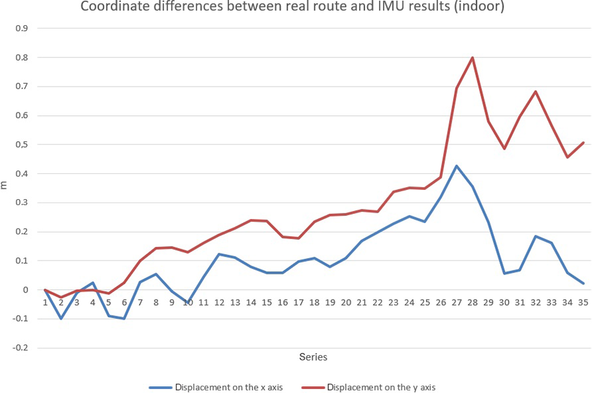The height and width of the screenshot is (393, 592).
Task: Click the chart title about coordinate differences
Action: point(292,8)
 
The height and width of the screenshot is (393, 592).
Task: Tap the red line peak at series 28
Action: point(472,57)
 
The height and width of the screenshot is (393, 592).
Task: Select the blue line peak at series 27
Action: point(456,166)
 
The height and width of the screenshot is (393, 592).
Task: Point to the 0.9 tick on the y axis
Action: point(22,29)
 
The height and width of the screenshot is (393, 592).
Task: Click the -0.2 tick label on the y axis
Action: point(21,348)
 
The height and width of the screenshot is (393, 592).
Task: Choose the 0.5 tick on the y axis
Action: point(22,145)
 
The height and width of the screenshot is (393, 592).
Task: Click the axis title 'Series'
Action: point(313,357)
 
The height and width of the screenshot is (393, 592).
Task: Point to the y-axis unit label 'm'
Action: point(5,185)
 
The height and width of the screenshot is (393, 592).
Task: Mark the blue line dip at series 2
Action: point(61,318)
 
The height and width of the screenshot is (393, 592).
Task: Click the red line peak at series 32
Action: point(536,91)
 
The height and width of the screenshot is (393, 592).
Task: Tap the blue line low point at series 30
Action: point(504,273)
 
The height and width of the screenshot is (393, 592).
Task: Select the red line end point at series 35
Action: point(583,143)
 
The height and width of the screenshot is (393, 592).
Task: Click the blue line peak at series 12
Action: point(219,254)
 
